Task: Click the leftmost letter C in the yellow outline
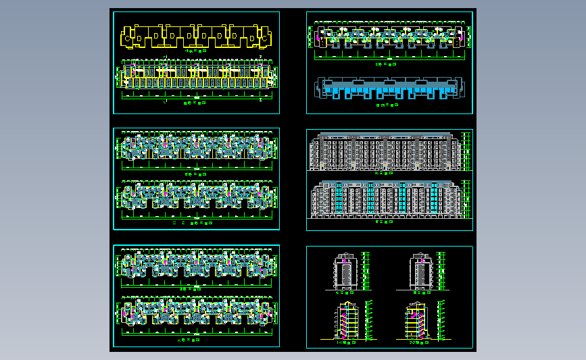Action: [x=124, y=38]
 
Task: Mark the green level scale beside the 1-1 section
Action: [x=368, y=319]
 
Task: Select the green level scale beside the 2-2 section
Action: [x=441, y=319]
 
